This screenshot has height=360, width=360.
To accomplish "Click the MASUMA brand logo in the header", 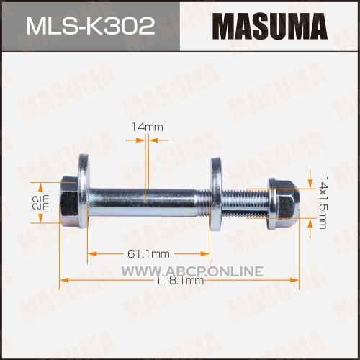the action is pos(269,27).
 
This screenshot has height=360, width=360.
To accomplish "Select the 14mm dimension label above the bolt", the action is pos(148,127).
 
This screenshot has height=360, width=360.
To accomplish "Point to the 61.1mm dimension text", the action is pos(148,254).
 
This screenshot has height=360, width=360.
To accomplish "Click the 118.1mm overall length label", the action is pos(180,281).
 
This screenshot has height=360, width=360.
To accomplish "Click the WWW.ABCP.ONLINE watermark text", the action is pos(192,271).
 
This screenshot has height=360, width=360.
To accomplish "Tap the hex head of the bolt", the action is pos(68,202).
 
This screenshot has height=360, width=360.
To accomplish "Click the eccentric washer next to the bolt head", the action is pos(84,191).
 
